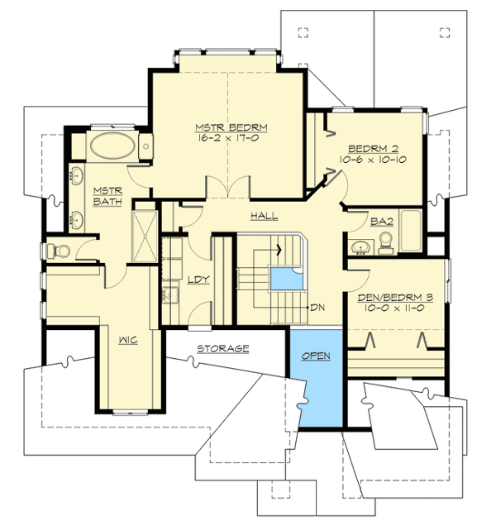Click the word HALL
(264, 216)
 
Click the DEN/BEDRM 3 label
(393, 295)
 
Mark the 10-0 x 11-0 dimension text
(393, 308)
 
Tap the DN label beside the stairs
(318, 308)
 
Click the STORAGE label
(222, 348)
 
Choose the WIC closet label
(126, 339)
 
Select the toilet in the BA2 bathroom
(384, 243)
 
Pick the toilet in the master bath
(60, 250)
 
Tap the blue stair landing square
(286, 279)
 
